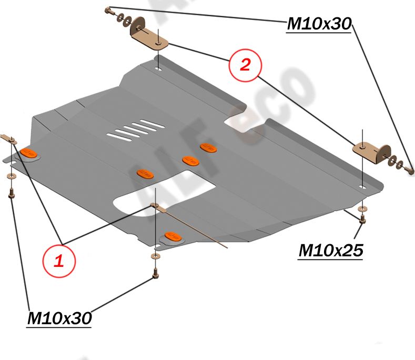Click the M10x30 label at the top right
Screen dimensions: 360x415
[x=319, y=23]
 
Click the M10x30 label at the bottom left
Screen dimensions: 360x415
[x=59, y=318]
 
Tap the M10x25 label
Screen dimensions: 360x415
[x=331, y=251]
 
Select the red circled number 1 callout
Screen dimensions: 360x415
[x=59, y=260]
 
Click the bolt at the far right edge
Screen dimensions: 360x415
[x=410, y=169]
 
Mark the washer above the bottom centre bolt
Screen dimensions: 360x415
[x=155, y=256]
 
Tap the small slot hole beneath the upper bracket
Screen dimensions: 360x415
[x=158, y=68]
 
